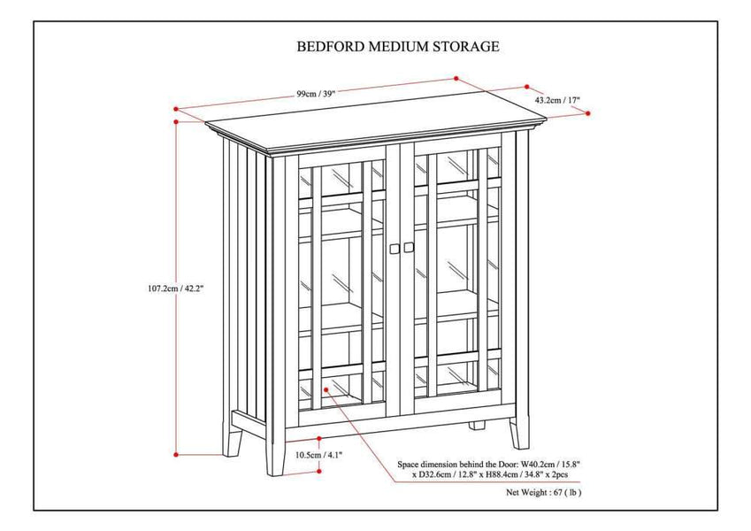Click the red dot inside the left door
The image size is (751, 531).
pos(326,389)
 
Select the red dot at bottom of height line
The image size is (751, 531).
pos(177,453)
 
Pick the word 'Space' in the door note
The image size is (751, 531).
pos(412,463)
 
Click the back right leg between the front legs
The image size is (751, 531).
pos(478,425)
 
